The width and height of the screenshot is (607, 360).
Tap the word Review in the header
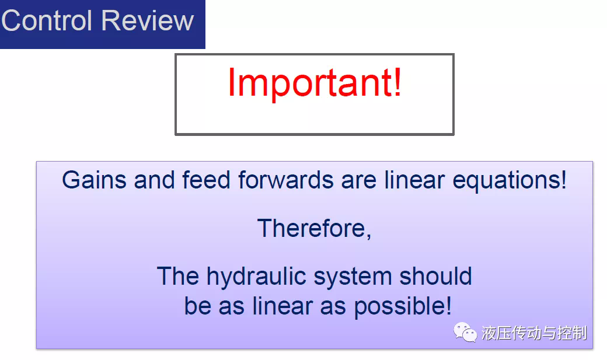tap(148, 20)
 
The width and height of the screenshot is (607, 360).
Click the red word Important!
tap(315, 83)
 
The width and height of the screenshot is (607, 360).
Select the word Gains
tap(94, 180)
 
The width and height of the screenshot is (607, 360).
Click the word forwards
tap(285, 180)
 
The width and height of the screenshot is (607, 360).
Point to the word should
tap(435, 276)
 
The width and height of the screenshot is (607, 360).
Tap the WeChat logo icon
tap(465, 333)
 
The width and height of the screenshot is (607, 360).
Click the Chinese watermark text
tap(534, 333)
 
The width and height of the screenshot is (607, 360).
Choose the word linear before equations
tap(414, 180)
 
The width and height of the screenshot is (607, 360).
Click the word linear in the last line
tap(282, 306)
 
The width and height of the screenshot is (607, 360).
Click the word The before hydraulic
tap(178, 276)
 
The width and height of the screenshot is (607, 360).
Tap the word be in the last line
tap(197, 306)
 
